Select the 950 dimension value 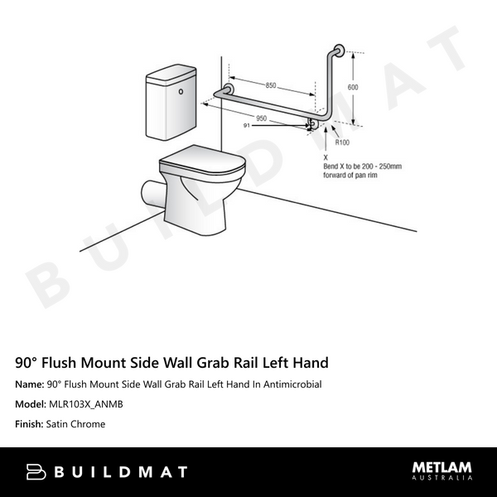pos(261,118)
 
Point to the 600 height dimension pos(353,87)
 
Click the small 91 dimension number pos(247,126)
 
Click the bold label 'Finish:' pos(31,424)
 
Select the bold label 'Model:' pos(31,404)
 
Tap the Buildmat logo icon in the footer pos(36,472)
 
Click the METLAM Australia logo pos(442,471)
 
